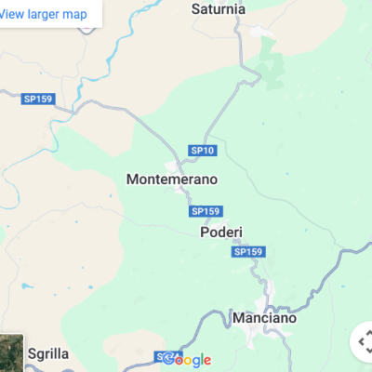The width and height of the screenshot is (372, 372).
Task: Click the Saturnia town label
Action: click(219, 9)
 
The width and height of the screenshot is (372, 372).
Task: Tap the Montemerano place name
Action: click(171, 178)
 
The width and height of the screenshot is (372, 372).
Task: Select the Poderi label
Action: click(221, 232)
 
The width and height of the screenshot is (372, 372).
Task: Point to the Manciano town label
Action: click(264, 318)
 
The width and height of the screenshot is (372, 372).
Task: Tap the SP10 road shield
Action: click(203, 150)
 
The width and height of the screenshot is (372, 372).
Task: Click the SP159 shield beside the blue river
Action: click(38, 98)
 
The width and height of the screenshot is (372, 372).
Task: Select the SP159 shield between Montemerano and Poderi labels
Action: click(206, 211)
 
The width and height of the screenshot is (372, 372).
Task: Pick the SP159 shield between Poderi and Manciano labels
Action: click(249, 252)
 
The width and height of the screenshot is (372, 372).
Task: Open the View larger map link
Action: click(56, 13)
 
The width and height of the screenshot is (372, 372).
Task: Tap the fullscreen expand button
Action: click(364, 342)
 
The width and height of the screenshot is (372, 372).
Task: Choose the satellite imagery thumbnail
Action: click(10, 354)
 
